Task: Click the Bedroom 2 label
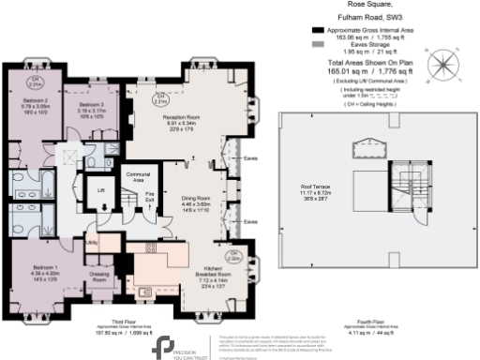[36, 100]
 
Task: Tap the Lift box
[100, 190]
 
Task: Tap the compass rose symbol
[442, 65]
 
